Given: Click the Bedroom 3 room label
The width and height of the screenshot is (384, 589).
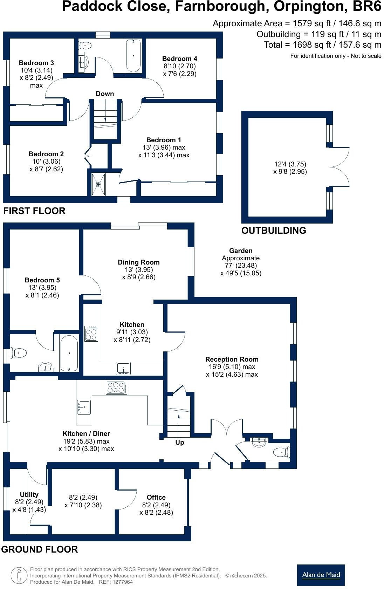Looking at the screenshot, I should [36, 63].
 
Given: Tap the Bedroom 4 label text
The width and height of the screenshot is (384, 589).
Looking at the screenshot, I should [179, 59].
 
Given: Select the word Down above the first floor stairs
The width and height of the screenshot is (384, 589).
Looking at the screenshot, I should [105, 94].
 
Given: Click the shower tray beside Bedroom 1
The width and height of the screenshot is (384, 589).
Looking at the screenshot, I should [98, 184].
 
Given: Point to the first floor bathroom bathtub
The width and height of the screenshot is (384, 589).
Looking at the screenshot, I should [133, 55].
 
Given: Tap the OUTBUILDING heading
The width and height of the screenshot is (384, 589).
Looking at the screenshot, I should [274, 231].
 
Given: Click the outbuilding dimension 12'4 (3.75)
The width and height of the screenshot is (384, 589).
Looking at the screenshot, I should [290, 164].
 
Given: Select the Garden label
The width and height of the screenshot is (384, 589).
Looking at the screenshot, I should [241, 251].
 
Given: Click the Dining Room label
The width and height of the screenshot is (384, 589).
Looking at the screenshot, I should [139, 262].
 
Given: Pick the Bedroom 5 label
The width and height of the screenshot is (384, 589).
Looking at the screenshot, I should [42, 280].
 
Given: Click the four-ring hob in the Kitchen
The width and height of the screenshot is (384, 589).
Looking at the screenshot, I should [91, 333].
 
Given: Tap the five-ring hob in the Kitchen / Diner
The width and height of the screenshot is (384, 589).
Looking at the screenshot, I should [117, 388].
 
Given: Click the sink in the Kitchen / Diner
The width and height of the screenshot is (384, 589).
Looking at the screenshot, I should [84, 407].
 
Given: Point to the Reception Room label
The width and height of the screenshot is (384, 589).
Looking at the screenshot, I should [232, 359].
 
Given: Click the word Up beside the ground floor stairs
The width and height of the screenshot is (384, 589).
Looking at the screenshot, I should [180, 443].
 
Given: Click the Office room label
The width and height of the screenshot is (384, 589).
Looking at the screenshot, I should [156, 498].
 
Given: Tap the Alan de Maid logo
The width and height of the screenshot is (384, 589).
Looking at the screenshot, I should [321, 575].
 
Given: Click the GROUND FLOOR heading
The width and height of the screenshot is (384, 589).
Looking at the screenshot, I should [40, 549].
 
